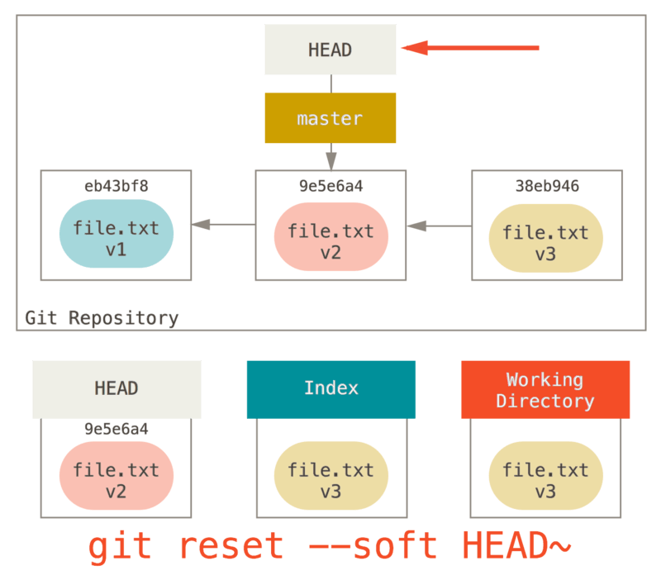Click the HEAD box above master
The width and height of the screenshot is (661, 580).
(x=330, y=50)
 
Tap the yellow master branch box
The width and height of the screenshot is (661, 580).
(x=330, y=118)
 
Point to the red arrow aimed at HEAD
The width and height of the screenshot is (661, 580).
(x=470, y=49)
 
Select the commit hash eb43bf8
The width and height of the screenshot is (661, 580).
(x=116, y=187)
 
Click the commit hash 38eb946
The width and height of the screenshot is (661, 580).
(x=546, y=187)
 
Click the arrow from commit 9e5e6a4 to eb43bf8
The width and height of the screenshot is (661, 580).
(x=223, y=224)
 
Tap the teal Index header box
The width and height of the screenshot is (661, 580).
(x=330, y=388)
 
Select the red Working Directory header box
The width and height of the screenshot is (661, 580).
(x=545, y=389)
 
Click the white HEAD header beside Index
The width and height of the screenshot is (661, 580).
(x=117, y=388)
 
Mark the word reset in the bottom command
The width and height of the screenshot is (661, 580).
(x=231, y=547)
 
